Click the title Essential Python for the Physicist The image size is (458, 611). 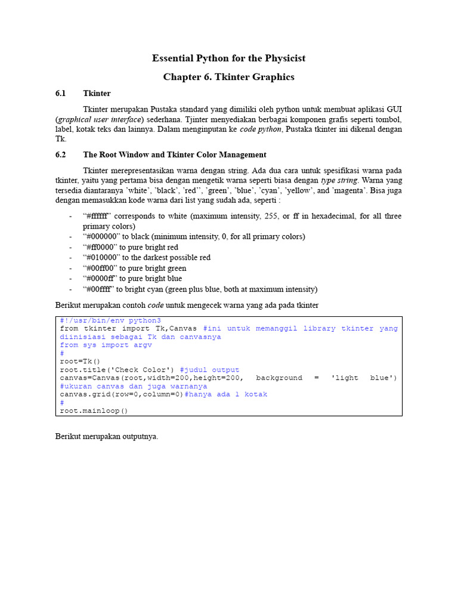point(228,58)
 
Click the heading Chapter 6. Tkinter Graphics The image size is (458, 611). point(228,77)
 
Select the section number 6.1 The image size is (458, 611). point(60,94)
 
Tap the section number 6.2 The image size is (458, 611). point(60,155)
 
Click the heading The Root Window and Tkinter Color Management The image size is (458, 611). point(175,155)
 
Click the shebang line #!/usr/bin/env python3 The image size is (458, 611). point(110,320)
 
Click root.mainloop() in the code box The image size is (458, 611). point(94,411)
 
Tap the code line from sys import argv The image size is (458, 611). point(102,345)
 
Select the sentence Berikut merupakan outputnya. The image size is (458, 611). point(107,437)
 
